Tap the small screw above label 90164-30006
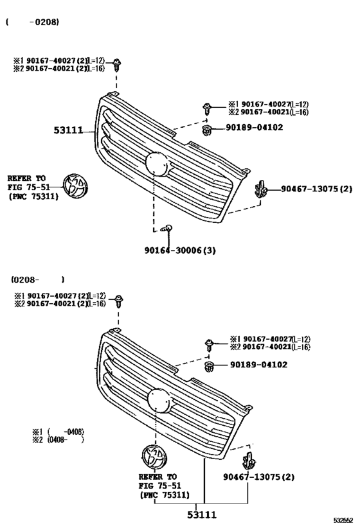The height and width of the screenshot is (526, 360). (x=166, y=228)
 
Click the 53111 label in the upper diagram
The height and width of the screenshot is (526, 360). (x=68, y=130)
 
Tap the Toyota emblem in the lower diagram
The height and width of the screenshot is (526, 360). (x=153, y=457)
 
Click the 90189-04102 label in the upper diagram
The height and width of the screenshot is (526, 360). (x=254, y=127)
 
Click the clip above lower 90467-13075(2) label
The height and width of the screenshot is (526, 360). (x=248, y=459)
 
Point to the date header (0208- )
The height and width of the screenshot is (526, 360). (x=37, y=280)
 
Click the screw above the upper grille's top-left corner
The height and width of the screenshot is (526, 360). (x=117, y=64)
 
